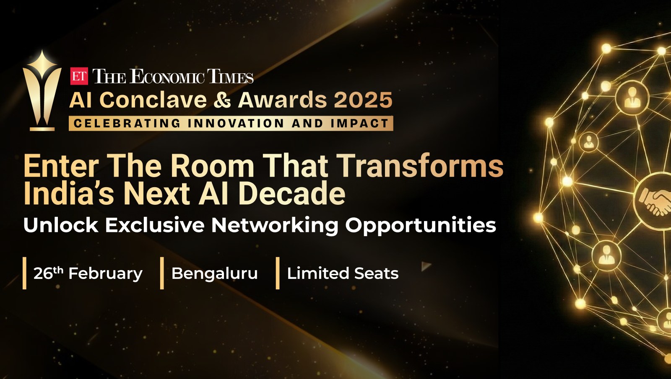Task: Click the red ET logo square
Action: point(79,76)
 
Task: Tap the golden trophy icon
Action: point(42,90)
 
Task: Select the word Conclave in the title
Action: point(153,100)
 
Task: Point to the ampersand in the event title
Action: point(222,100)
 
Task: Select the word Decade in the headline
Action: point(292,193)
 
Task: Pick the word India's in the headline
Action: point(69,193)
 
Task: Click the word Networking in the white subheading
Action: point(275,225)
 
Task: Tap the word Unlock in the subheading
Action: point(61,225)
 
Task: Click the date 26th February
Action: point(88,273)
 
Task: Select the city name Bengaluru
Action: point(214,273)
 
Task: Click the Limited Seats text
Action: point(343,273)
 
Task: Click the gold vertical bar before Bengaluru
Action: point(162,273)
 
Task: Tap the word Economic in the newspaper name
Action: point(167,76)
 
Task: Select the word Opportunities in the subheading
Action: point(421,225)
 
